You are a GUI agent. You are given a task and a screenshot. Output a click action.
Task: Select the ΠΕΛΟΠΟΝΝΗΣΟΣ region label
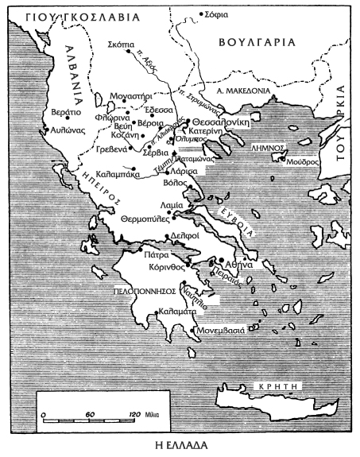click(141, 292)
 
